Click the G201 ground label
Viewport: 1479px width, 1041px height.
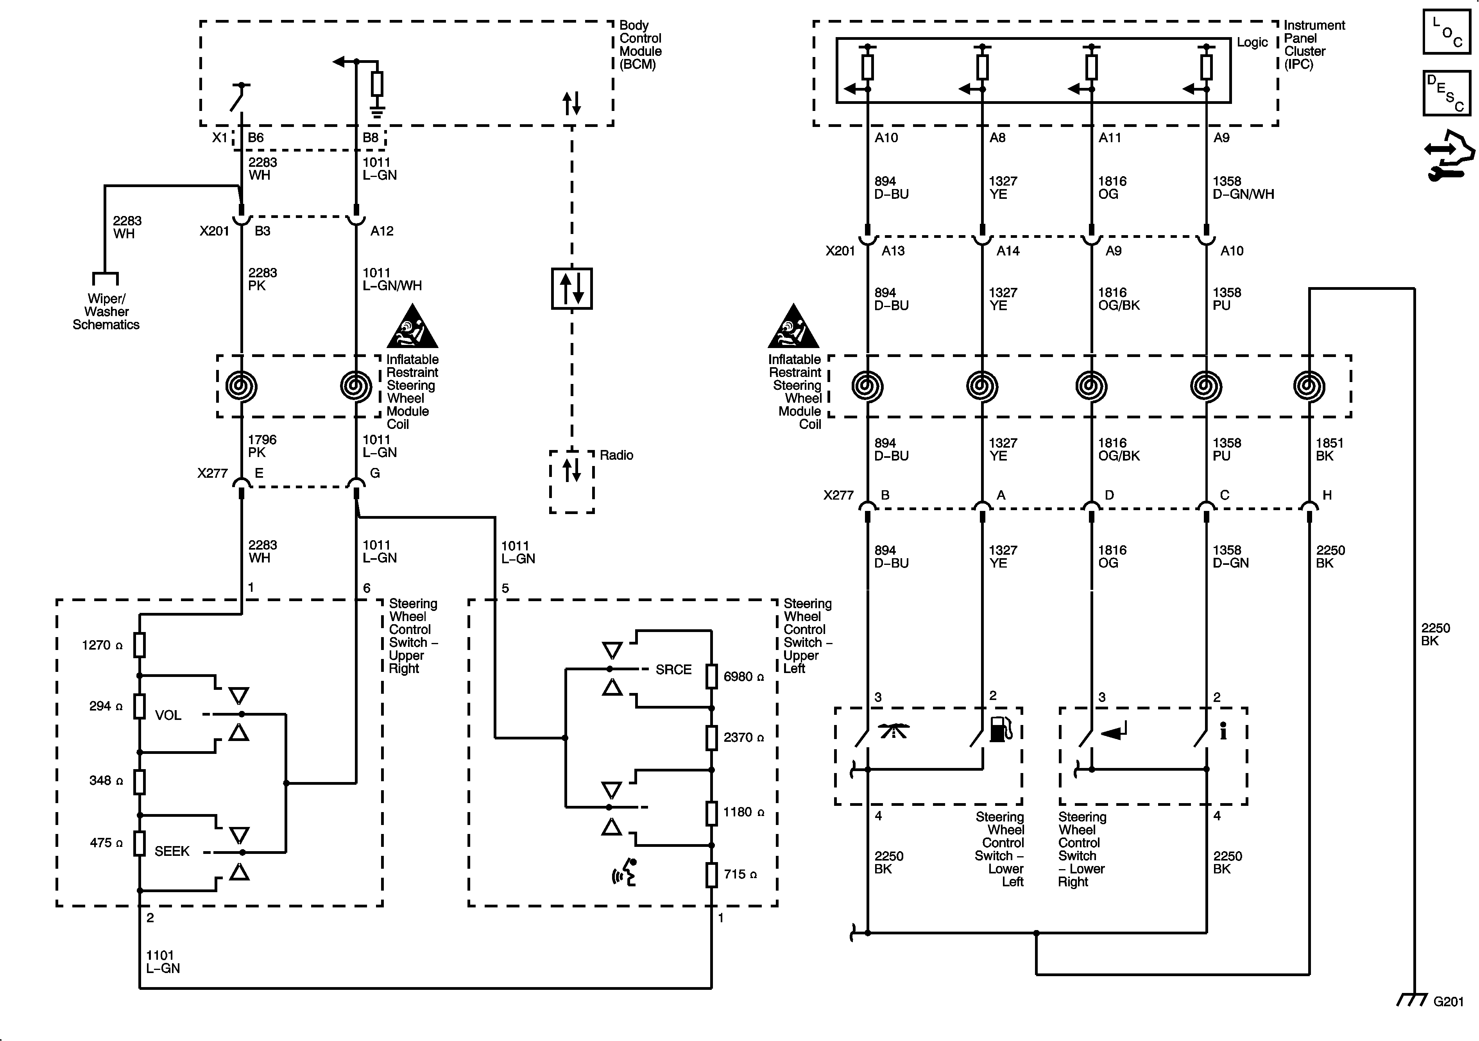(1448, 1002)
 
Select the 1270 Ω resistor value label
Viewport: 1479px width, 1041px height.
(102, 645)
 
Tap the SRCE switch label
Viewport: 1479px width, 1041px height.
(673, 670)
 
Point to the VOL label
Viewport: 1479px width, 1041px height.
(168, 715)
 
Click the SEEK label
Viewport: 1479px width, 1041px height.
(172, 851)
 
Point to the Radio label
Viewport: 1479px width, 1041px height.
(616, 455)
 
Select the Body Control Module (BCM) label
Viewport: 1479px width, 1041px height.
(640, 45)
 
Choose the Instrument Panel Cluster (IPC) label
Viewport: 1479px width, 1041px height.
(1314, 45)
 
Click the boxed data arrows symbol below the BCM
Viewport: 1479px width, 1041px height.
(571, 288)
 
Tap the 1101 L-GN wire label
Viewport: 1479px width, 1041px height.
(162, 962)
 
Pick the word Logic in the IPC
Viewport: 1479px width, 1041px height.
(1252, 43)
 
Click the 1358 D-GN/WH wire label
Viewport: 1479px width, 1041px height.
(1243, 187)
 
